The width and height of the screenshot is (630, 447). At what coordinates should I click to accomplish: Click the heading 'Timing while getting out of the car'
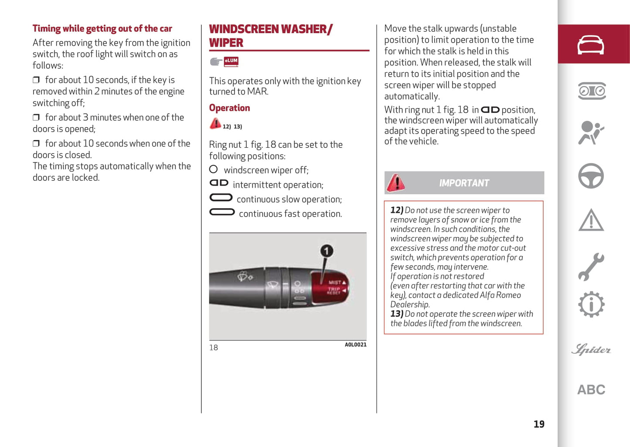(x=102, y=29)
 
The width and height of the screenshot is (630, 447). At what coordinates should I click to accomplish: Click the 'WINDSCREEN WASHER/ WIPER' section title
(x=270, y=36)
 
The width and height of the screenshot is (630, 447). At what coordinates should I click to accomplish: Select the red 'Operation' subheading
(x=229, y=108)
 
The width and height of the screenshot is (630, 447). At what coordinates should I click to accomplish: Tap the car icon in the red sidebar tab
(x=591, y=45)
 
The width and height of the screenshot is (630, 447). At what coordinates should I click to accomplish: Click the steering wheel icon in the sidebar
(x=591, y=176)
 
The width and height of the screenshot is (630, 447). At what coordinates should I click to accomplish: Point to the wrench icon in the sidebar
(x=591, y=267)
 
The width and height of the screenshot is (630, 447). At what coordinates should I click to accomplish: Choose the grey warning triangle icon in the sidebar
(x=591, y=220)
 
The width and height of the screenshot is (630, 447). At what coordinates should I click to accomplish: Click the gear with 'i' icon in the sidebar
(x=591, y=305)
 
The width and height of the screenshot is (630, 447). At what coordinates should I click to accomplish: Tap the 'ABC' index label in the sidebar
(x=591, y=389)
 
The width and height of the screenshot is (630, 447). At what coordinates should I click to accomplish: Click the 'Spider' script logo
(x=591, y=349)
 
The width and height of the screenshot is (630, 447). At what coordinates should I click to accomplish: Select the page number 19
(x=539, y=424)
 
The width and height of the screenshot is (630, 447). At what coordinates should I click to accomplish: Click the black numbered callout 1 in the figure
(x=327, y=251)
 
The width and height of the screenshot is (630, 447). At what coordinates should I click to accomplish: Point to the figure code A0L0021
(x=355, y=345)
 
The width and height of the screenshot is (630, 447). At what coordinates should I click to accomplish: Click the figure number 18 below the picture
(x=214, y=348)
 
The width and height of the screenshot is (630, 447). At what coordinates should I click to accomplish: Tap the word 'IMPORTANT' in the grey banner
(x=464, y=183)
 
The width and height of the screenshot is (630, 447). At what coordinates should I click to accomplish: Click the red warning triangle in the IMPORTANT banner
(x=395, y=183)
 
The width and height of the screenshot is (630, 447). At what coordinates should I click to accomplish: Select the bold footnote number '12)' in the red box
(x=396, y=210)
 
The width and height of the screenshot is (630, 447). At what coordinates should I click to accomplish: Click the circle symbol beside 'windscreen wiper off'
(x=213, y=169)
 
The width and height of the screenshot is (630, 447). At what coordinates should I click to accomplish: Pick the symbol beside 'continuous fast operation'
(x=222, y=213)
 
